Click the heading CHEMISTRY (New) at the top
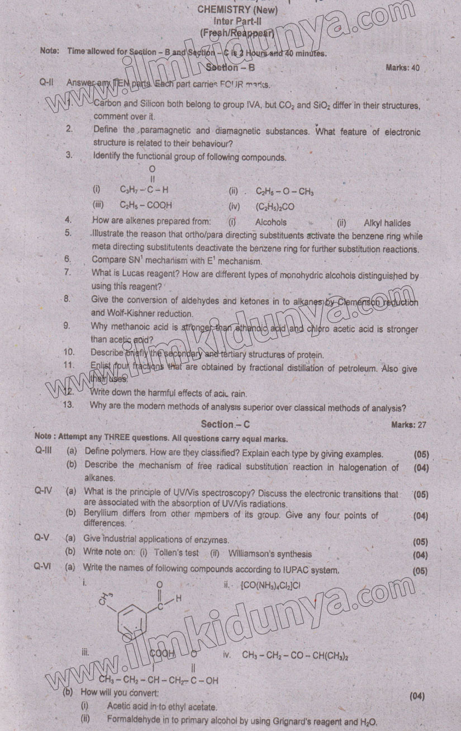pos(237,10)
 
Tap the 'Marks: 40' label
pos(402,68)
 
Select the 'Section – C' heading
pos(225,425)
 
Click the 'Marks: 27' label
pos(408,425)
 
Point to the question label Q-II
pos(46,82)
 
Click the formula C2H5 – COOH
pos(146,205)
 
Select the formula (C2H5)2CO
pos(275,206)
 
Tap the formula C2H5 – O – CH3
pos(284,191)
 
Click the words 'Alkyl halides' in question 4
pos(387,223)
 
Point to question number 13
pos(68,405)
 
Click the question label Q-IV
pos(43,491)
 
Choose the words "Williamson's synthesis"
pos(269,554)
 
